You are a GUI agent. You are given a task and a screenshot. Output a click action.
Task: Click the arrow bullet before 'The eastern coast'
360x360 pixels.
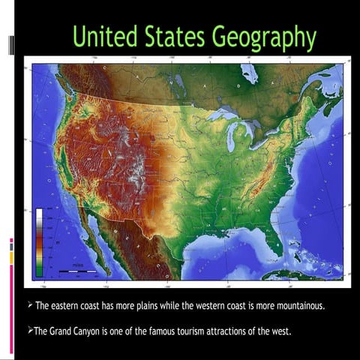pos(29,306)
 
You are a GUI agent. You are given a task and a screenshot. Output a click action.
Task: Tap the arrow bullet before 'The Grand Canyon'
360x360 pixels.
pos(29,329)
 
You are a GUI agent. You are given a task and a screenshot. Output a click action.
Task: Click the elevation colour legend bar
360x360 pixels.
pos(39,241)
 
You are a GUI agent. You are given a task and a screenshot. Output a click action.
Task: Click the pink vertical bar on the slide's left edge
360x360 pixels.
pos(11,300)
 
